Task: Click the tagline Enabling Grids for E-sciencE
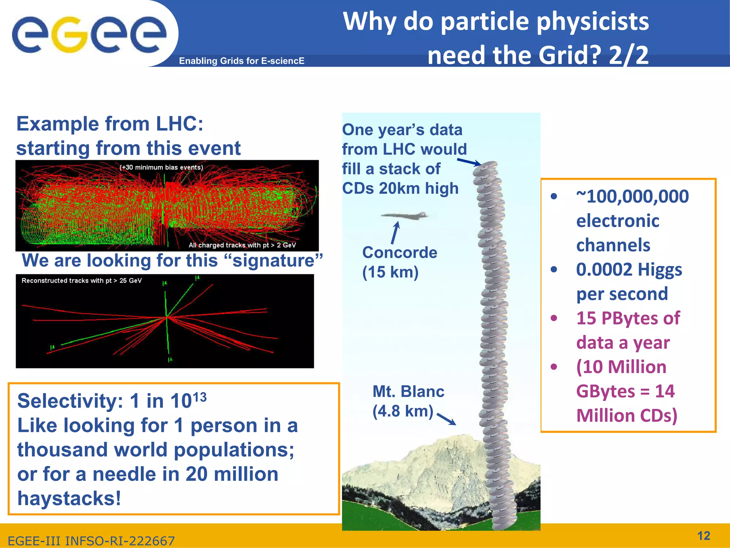[x=242, y=61]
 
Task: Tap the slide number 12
[x=703, y=536]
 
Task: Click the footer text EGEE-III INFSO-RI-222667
[x=91, y=541]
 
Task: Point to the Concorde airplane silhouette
[x=405, y=215]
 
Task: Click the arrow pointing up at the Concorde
[x=395, y=233]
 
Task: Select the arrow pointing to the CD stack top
[x=469, y=162]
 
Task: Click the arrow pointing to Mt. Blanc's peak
[x=446, y=419]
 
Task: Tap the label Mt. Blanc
[x=408, y=392]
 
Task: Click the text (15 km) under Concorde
[x=390, y=272]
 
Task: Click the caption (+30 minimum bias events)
[x=161, y=167]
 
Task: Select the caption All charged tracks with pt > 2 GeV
[x=242, y=245]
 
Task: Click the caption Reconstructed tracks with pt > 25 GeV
[x=82, y=280]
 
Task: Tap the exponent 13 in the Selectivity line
[x=199, y=397]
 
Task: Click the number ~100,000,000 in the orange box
[x=632, y=197]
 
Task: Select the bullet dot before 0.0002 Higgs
[x=554, y=269]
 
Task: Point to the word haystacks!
[x=69, y=498]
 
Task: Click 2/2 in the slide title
[x=628, y=56]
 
